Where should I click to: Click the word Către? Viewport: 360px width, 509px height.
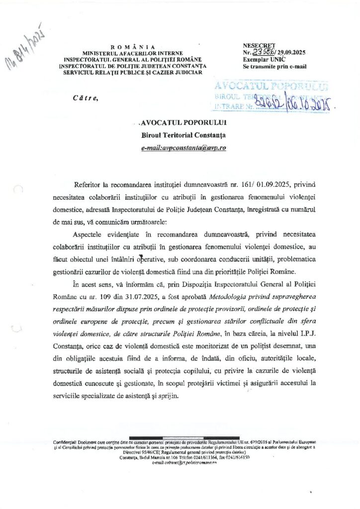86,98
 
